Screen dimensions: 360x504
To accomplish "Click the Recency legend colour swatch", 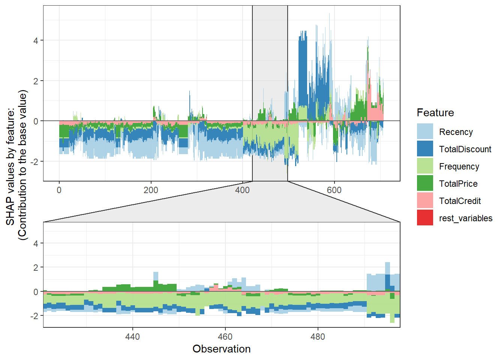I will [425, 132].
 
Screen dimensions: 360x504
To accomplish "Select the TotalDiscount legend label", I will [465, 149].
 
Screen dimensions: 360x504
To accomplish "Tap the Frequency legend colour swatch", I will [425, 166].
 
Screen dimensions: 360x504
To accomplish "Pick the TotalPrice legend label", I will [458, 184].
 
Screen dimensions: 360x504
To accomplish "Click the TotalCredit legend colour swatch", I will [425, 201].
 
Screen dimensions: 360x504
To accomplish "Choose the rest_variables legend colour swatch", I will [425, 218].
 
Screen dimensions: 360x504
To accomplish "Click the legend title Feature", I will [435, 112].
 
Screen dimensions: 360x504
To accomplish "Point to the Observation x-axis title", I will [221, 349].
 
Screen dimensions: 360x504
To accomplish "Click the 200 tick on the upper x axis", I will [151, 190].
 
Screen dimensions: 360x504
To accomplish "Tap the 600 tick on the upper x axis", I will [334, 190].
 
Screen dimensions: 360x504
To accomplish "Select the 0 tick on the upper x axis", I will [59, 190].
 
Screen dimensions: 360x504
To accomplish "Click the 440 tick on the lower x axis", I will [132, 337].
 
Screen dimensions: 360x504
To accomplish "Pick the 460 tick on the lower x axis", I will [225, 337].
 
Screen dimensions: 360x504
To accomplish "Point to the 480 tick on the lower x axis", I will [318, 337].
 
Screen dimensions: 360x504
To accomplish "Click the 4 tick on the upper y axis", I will [36, 40].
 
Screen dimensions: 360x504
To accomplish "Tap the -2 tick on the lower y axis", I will [34, 316].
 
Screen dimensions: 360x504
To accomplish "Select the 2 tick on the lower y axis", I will [36, 267].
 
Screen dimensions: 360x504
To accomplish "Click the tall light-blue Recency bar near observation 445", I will [156, 276].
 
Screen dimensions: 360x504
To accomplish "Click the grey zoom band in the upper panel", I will [270, 56].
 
